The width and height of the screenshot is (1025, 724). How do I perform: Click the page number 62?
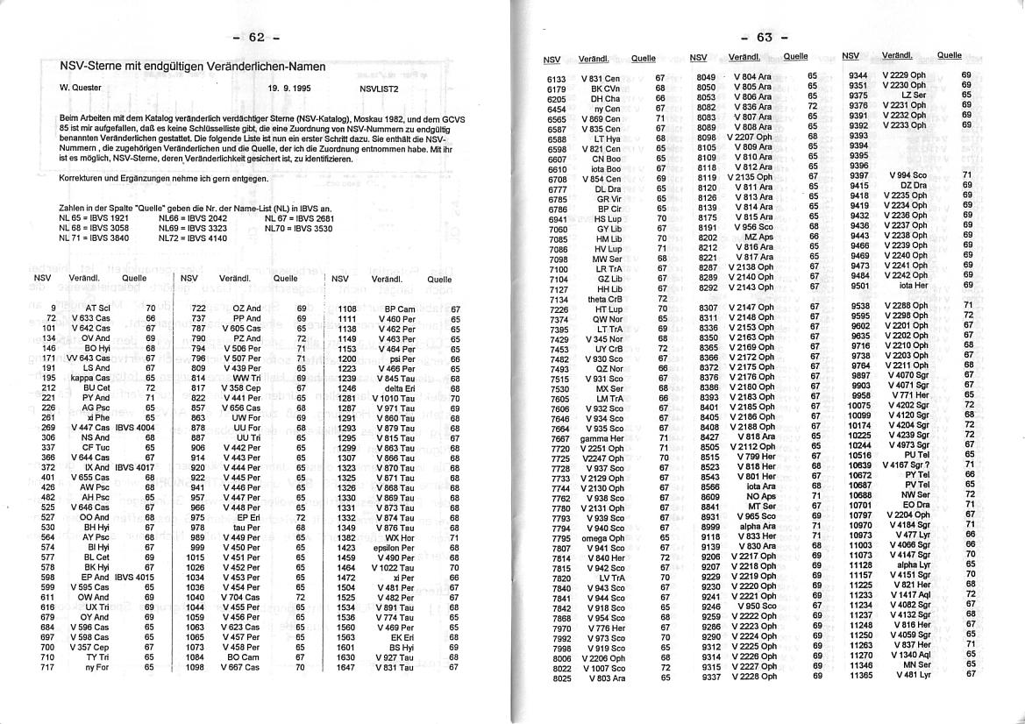point(256,37)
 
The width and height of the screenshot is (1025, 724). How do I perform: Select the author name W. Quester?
point(82,89)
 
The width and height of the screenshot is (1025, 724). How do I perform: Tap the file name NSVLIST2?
point(379,89)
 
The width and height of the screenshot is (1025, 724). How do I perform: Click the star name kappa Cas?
point(93,377)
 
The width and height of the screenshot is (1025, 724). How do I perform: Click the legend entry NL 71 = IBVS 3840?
point(94,238)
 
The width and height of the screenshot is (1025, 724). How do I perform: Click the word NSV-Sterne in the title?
point(89,67)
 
